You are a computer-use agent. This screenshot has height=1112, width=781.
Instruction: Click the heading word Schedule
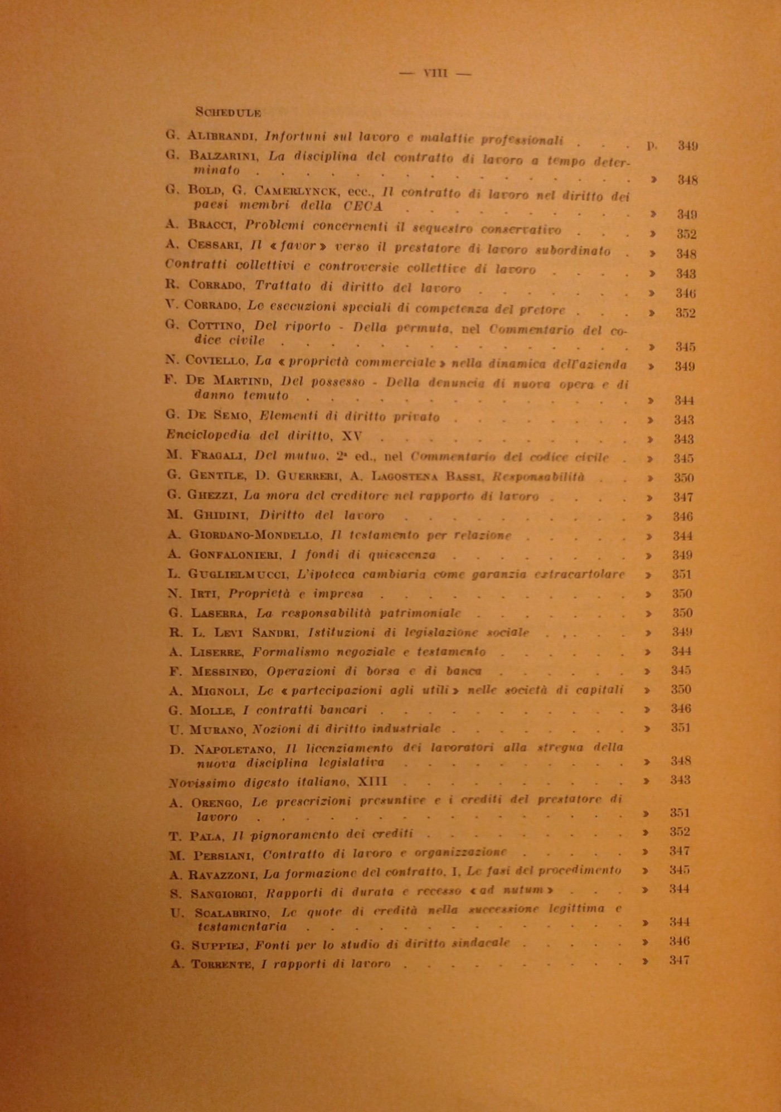click(229, 112)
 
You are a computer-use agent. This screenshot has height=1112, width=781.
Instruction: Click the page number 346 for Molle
click(681, 709)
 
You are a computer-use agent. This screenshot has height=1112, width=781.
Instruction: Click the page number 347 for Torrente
click(680, 960)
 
